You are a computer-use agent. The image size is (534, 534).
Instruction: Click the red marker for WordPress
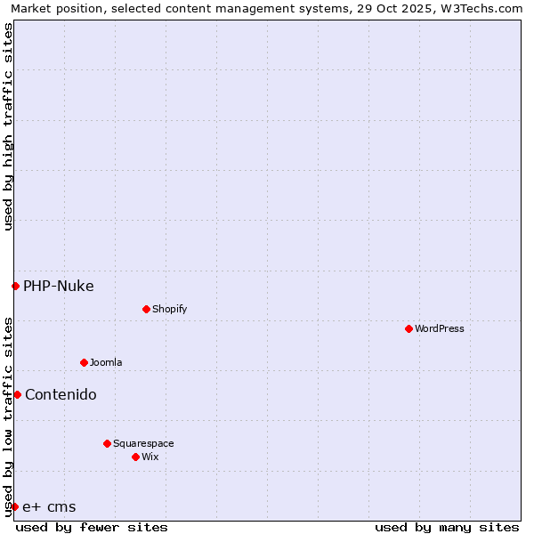click(x=409, y=328)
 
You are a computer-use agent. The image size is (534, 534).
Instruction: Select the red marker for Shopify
click(x=146, y=309)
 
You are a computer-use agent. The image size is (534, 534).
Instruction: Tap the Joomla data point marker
click(x=84, y=362)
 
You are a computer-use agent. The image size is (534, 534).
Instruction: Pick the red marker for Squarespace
click(x=107, y=443)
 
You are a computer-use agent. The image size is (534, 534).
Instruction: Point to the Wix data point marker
click(x=135, y=457)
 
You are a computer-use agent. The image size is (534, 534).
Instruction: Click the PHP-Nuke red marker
click(x=15, y=286)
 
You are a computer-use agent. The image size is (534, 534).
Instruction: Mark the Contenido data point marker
click(x=17, y=394)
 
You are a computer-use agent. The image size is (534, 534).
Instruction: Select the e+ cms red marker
click(x=14, y=506)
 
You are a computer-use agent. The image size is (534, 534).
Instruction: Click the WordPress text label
click(x=440, y=328)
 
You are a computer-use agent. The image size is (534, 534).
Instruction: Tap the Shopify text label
click(x=169, y=309)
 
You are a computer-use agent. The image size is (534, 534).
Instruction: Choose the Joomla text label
click(x=106, y=362)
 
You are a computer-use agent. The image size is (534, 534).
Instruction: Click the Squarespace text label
click(x=143, y=443)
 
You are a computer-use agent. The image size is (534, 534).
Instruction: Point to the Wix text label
click(x=150, y=457)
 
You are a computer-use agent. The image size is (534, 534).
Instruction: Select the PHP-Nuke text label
click(x=59, y=286)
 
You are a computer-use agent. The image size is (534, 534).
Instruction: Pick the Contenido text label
click(x=61, y=394)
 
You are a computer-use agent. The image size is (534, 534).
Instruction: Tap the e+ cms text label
click(x=49, y=507)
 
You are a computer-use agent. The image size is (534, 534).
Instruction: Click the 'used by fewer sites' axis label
click(x=92, y=527)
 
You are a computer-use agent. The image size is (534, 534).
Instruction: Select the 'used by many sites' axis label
click(x=447, y=527)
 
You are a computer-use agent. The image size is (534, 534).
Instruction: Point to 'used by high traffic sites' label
click(x=8, y=126)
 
